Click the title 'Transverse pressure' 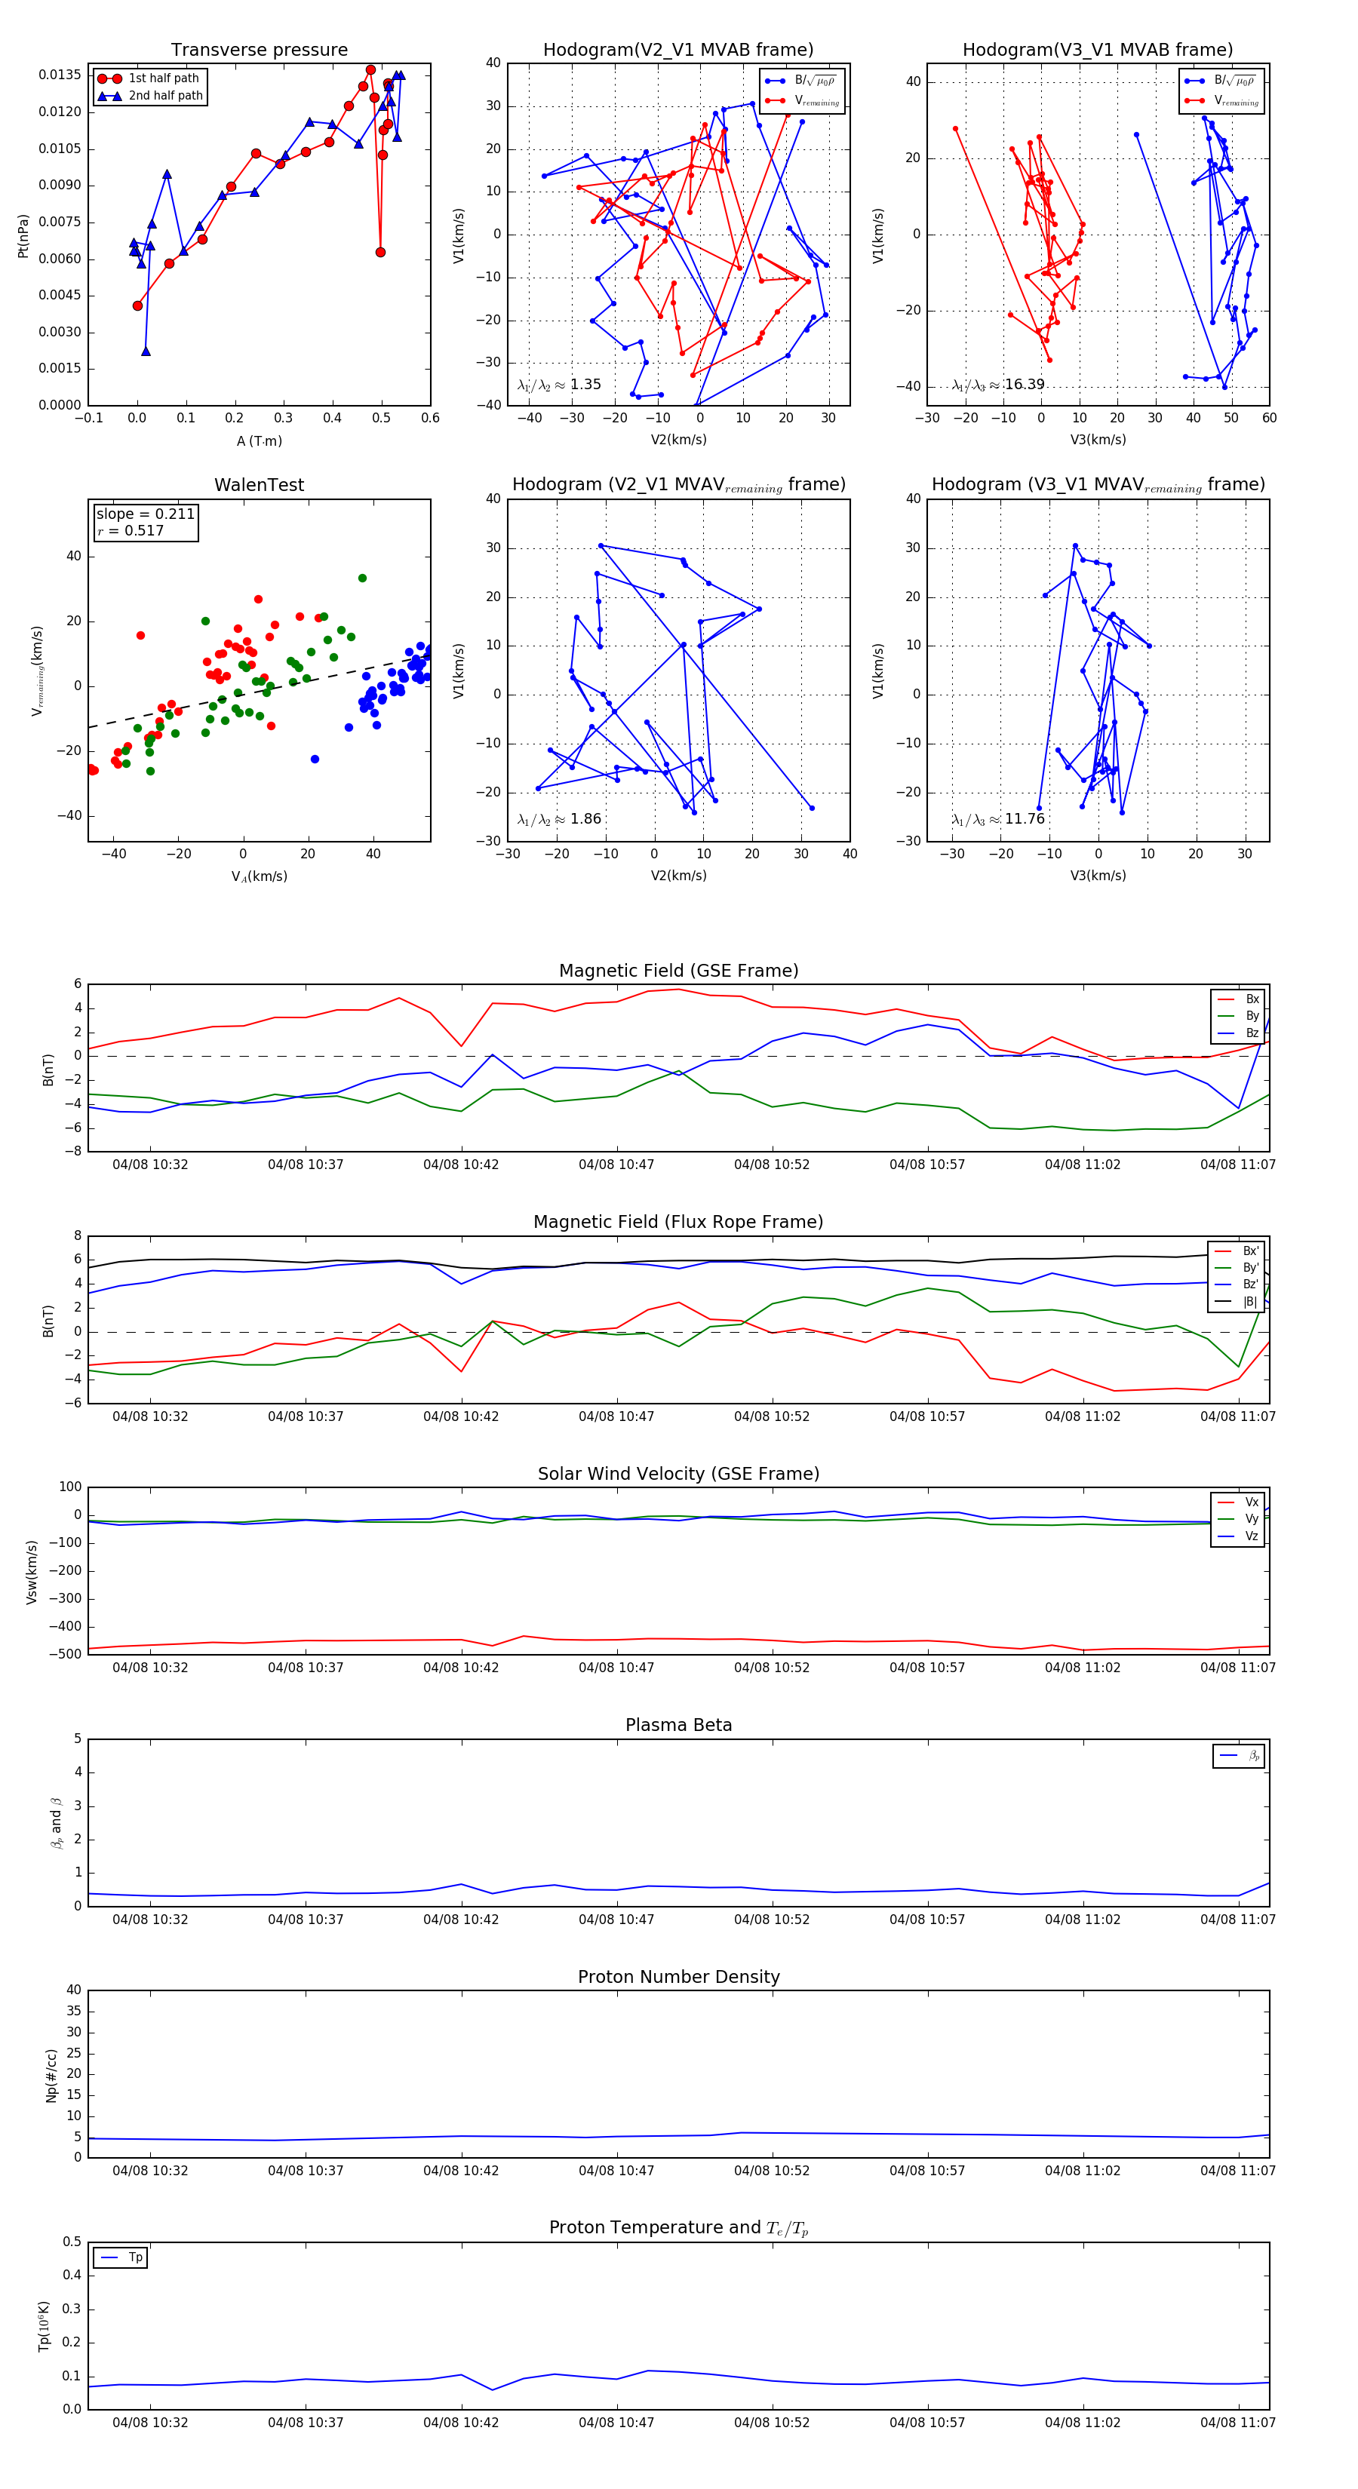tap(259, 51)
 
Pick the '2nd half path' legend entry tap(165, 96)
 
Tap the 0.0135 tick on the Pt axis tap(60, 75)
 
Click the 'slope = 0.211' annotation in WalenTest tap(145, 514)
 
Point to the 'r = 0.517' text tap(131, 530)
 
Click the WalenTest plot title tap(259, 485)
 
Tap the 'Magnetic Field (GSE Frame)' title tap(678, 971)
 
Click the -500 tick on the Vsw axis tap(69, 1654)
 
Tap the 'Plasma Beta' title tap(678, 1726)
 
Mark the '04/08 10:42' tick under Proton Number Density tap(461, 2170)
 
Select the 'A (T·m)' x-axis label tap(259, 441)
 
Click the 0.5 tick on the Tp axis tap(72, 2242)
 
